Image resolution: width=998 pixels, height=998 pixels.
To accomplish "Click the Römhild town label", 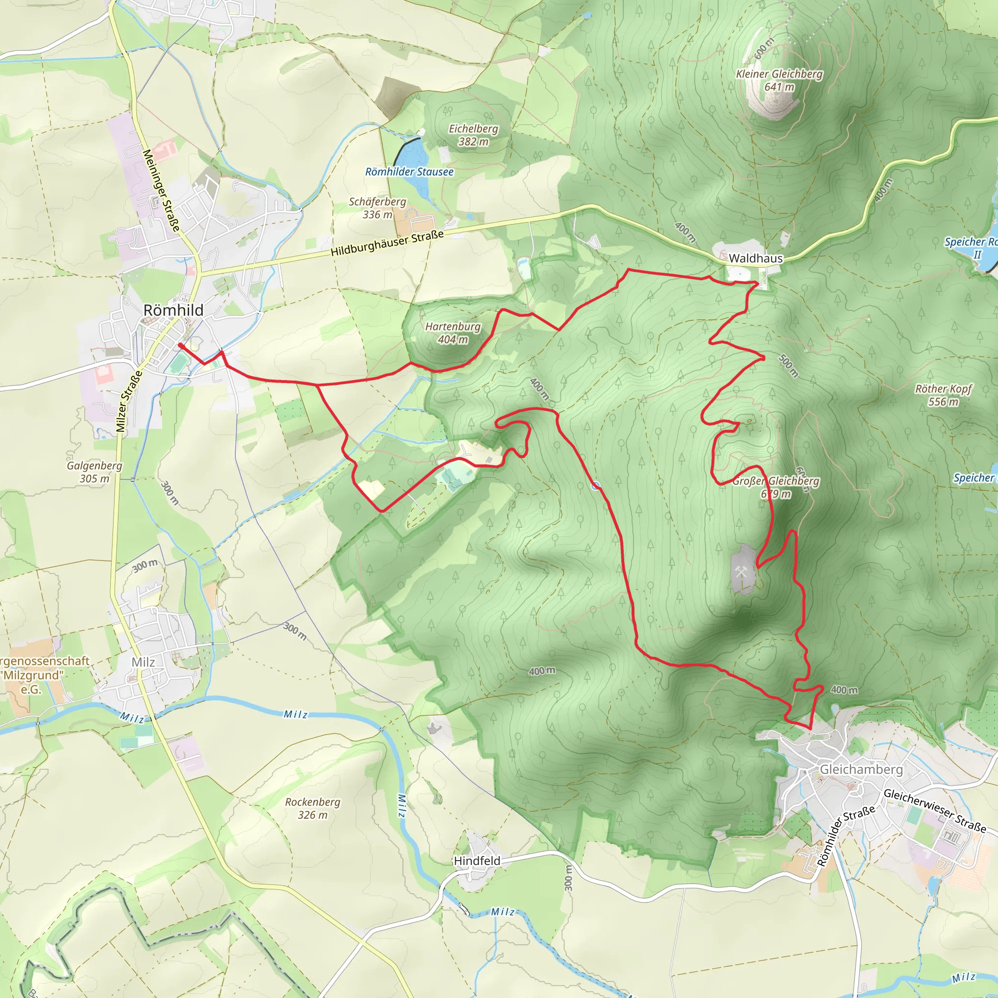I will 173,310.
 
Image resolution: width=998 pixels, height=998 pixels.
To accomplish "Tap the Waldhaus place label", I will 755,258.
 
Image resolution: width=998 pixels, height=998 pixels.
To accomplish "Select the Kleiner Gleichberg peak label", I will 779,80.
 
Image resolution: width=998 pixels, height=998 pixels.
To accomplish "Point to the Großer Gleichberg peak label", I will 775,487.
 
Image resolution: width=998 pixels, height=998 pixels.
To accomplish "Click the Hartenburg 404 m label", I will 453,333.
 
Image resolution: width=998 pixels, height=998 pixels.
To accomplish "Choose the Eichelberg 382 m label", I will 473,135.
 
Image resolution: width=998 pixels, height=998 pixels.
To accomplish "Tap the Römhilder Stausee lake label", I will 409,172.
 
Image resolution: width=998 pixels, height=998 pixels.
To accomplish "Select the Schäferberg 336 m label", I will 377,208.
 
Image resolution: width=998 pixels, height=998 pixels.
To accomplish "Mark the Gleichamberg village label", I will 861,769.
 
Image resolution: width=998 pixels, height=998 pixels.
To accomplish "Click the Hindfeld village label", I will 477,861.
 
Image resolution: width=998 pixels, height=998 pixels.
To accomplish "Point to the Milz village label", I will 143,662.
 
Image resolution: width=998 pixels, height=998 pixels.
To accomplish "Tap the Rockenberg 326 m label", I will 312,808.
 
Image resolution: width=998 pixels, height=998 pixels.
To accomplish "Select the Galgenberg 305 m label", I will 95,472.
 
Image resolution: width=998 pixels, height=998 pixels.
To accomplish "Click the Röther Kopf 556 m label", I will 943,395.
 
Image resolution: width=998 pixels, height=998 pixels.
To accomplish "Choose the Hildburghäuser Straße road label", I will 387,243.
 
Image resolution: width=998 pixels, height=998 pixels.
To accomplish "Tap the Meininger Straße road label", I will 161,190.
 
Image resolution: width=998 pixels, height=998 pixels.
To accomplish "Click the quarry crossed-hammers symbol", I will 741,571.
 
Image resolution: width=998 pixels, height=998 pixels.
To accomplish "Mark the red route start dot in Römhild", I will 180,345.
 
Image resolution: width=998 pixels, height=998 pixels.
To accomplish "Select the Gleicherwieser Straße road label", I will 935,810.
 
